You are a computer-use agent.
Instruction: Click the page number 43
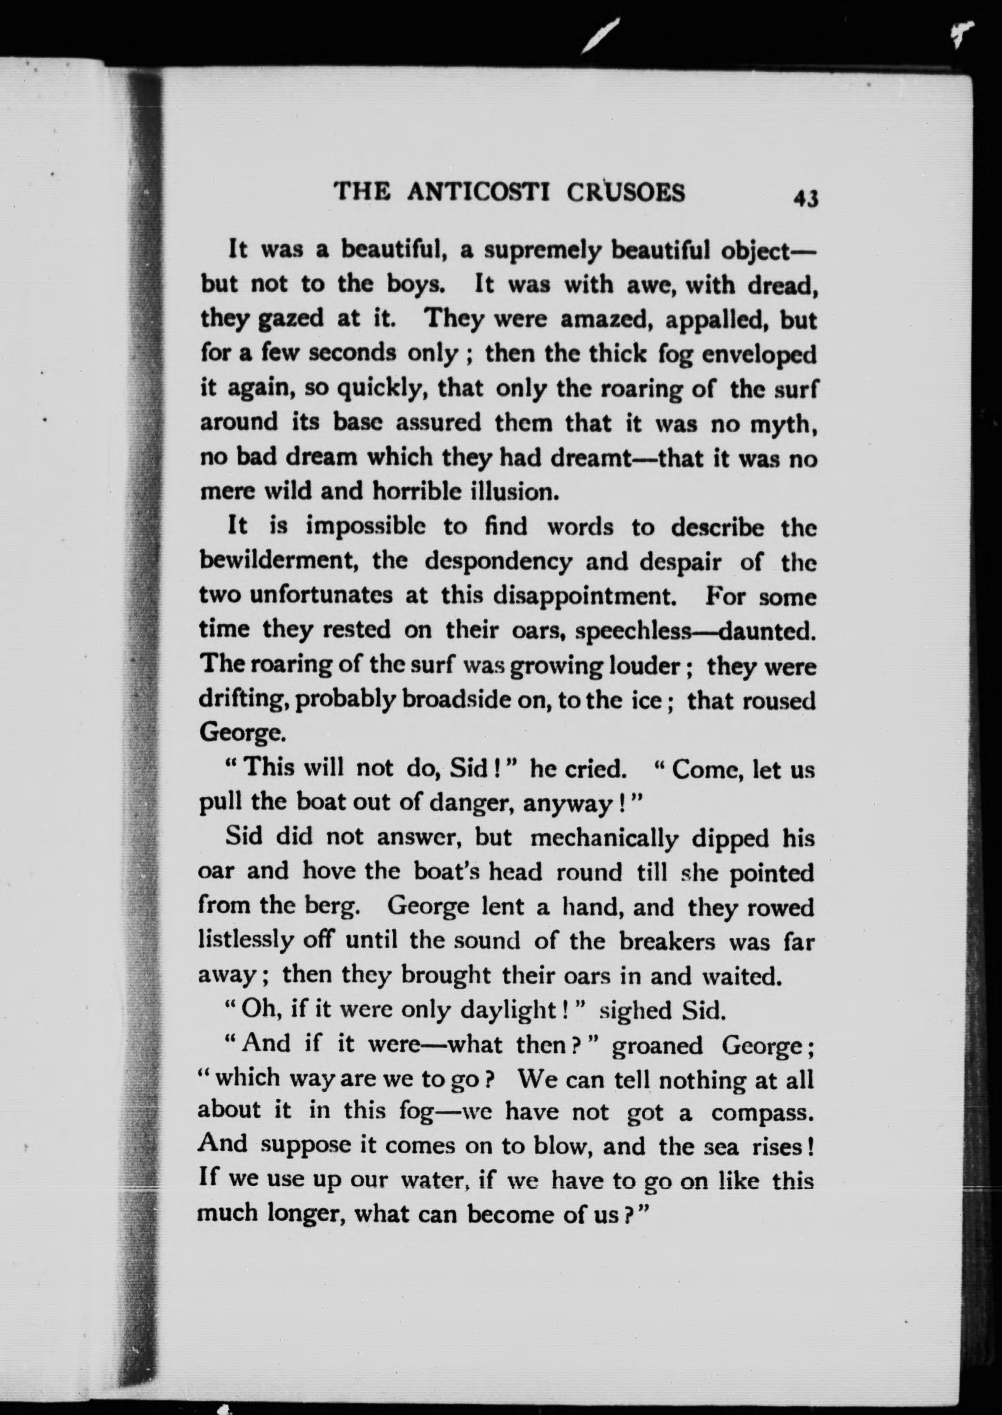[806, 199]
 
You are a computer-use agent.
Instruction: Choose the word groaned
[657, 1045]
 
